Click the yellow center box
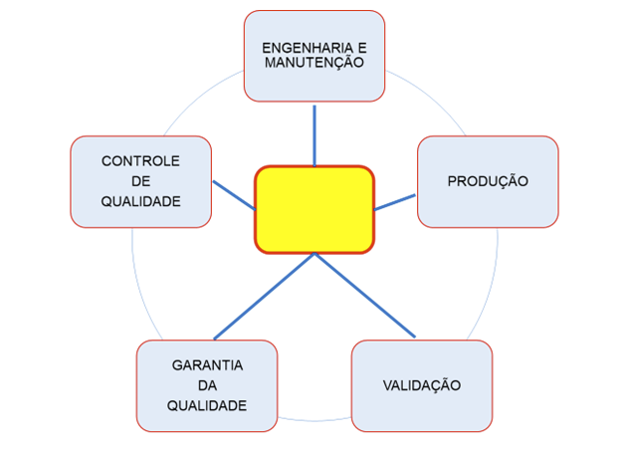click(314, 209)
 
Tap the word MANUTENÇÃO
click(313, 62)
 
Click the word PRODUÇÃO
click(487, 181)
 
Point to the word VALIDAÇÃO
click(421, 385)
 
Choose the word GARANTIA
click(207, 365)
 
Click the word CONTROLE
click(140, 161)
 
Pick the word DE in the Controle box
click(140, 181)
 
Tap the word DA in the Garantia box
click(207, 385)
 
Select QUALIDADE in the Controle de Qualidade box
click(140, 201)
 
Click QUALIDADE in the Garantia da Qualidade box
click(207, 405)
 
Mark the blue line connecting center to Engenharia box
click(314, 133)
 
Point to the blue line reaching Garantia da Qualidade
click(265, 296)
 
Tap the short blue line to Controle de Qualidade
click(233, 194)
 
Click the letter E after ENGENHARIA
click(361, 48)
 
